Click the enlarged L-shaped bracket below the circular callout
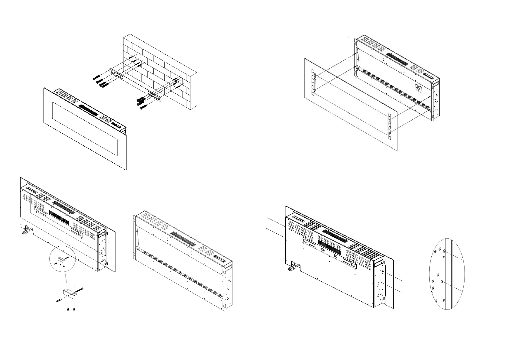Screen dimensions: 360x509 [68, 293]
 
